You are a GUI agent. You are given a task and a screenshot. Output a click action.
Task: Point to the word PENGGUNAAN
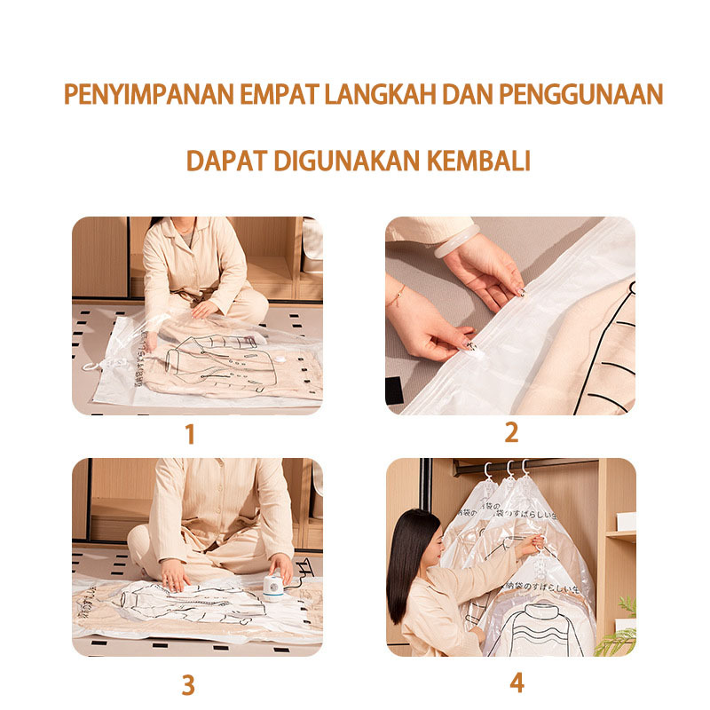point(580,94)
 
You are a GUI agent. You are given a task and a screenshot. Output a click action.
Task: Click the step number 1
point(189,435)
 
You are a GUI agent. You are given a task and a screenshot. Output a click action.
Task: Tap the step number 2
point(511,433)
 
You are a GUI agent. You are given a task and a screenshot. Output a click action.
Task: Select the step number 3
point(188,684)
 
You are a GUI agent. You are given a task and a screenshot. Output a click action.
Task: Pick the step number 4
point(517,683)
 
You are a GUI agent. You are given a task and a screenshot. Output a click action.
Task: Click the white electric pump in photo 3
point(272,586)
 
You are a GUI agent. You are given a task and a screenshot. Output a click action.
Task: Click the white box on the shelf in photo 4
point(627,520)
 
